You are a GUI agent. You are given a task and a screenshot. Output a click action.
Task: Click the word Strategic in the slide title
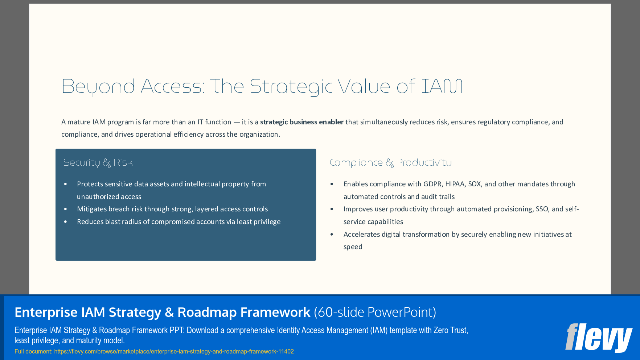[x=291, y=87]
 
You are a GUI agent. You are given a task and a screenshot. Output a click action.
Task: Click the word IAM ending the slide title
[x=442, y=87]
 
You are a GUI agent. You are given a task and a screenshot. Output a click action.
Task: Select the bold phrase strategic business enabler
[x=301, y=122]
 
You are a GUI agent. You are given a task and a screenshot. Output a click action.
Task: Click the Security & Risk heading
[x=98, y=163]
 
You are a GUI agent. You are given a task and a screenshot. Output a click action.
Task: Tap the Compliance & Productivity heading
[x=390, y=163]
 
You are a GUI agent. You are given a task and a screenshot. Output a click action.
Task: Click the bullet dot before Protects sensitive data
[x=66, y=184]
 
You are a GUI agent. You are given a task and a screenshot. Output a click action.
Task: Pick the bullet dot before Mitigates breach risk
[x=66, y=209]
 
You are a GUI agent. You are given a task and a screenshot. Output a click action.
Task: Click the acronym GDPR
[x=432, y=184]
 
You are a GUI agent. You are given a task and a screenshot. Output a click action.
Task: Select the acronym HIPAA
[x=455, y=184]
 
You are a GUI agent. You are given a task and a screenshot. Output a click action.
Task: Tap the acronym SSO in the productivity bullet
[x=542, y=209]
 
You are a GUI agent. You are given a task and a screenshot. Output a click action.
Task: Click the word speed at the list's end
[x=353, y=247]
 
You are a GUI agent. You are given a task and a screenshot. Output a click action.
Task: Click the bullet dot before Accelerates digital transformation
[x=332, y=235]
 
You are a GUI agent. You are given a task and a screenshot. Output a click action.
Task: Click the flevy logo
[x=598, y=338]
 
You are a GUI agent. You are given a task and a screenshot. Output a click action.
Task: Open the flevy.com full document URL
[x=174, y=352]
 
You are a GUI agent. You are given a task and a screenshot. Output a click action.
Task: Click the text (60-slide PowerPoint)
[x=375, y=312]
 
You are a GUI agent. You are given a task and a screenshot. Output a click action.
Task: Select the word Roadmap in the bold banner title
[x=207, y=312]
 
